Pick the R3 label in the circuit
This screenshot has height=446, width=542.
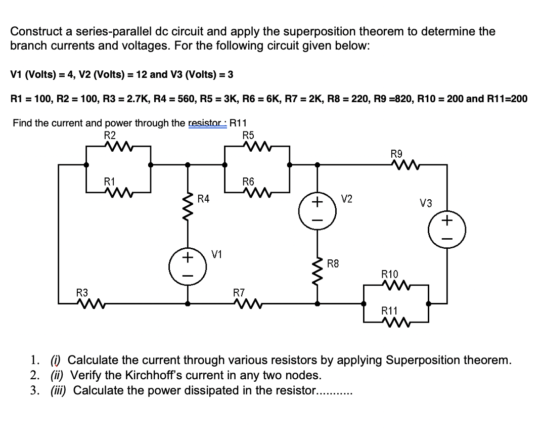coord(82,292)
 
